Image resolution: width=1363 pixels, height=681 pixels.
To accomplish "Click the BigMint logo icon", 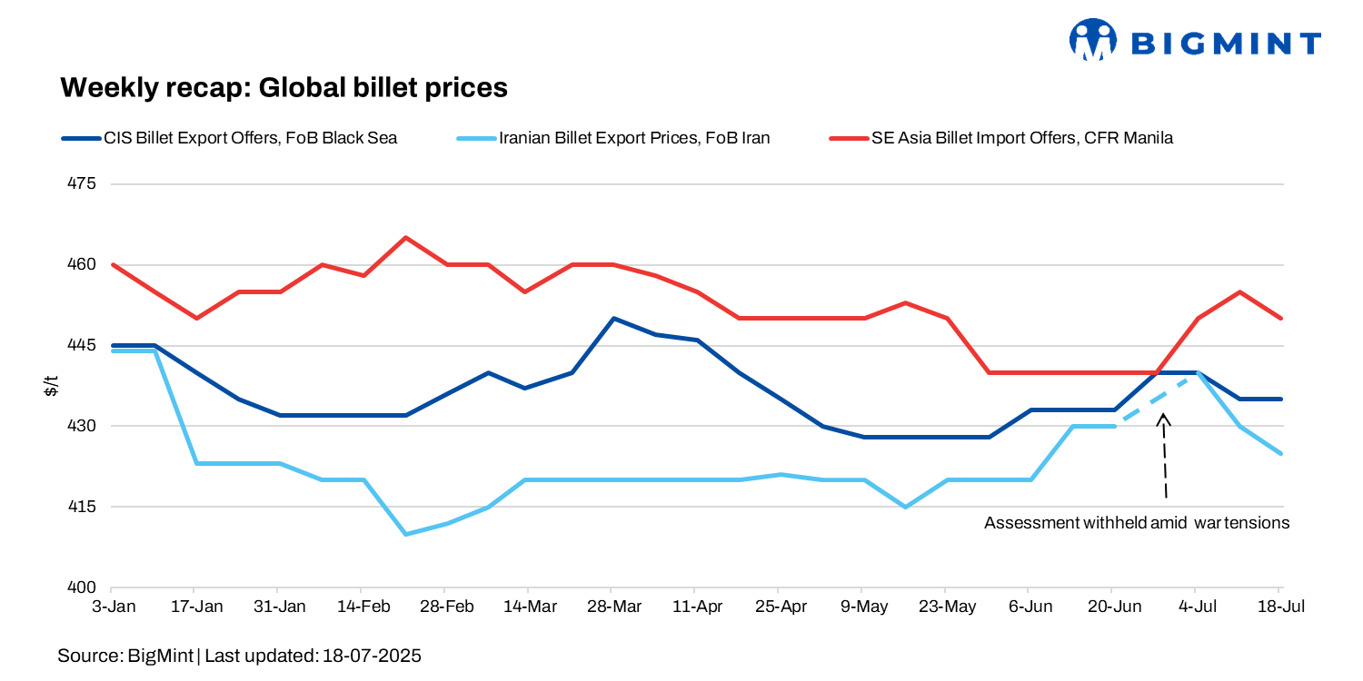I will pos(1092,40).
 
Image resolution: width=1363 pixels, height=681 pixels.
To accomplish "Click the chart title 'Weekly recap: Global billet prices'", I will pos(284,88).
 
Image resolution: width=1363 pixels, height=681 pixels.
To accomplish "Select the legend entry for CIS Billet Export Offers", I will pos(230,139).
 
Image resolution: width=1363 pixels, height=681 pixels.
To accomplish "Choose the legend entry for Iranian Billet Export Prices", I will pos(612,139).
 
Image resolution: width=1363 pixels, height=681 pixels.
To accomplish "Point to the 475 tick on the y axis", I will pos(83,184).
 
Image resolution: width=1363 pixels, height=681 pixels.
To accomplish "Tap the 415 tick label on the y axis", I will pos(83,507).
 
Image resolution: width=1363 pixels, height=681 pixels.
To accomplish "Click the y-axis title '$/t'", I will pos(52,386).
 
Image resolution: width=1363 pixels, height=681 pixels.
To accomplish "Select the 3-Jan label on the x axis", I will pos(112,607).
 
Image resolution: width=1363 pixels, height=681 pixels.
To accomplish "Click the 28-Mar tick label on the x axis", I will pos(613,607).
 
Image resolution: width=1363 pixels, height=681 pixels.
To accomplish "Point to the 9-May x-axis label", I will pos(864,607).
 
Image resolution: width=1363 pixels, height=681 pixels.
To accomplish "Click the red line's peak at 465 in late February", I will pos(405,238).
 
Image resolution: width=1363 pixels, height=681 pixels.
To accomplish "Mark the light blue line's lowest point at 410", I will pos(405,534).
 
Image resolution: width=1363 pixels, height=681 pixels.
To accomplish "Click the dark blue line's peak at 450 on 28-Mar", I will pos(613,319).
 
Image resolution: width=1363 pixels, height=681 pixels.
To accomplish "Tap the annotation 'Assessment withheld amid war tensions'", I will pos(1136,523).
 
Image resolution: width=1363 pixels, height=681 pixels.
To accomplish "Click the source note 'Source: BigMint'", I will pos(125,655).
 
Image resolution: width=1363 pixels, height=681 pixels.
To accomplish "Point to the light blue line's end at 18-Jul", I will pos(1280,453).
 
